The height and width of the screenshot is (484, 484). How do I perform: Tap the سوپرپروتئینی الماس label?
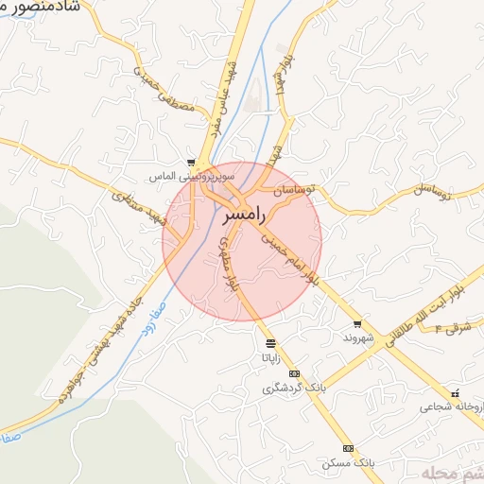point(192,177)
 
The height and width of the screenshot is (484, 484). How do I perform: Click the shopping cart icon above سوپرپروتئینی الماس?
point(192,163)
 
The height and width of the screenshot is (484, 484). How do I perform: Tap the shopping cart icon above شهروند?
point(357,324)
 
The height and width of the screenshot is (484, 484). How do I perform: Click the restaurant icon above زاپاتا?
point(271,343)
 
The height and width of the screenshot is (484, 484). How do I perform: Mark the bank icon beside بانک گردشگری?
point(294,373)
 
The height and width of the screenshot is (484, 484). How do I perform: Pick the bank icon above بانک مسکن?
point(348,448)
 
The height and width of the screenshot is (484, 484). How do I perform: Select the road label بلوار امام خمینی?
point(293,256)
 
